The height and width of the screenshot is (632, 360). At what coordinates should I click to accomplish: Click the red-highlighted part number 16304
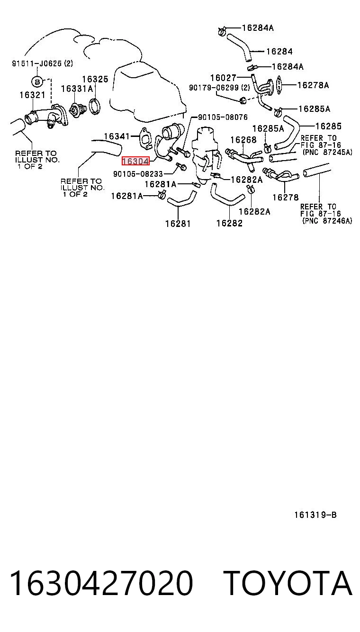[135, 161]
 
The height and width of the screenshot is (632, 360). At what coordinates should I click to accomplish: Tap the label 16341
[117, 136]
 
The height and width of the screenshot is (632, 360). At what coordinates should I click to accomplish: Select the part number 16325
[95, 79]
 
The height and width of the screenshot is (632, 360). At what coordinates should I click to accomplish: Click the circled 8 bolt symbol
[36, 82]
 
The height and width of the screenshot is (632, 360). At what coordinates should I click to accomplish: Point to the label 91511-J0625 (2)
[42, 63]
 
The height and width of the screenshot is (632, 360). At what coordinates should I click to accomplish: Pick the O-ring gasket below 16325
[95, 107]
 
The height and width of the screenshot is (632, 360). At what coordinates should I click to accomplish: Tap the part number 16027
[223, 77]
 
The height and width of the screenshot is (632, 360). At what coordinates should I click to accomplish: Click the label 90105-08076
[223, 117]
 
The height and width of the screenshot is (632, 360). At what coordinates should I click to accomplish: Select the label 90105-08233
[138, 174]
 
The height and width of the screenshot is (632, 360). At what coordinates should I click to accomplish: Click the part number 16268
[243, 140]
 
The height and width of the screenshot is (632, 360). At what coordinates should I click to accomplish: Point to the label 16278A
[313, 85]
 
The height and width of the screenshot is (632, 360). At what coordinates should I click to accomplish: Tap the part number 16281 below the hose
[178, 224]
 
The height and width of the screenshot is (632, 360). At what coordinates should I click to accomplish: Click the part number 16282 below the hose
[229, 223]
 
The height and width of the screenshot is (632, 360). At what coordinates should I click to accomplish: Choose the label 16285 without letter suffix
[328, 126]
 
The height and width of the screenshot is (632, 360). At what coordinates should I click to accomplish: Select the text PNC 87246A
[328, 221]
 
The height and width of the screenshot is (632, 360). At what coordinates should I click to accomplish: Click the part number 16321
[32, 95]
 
